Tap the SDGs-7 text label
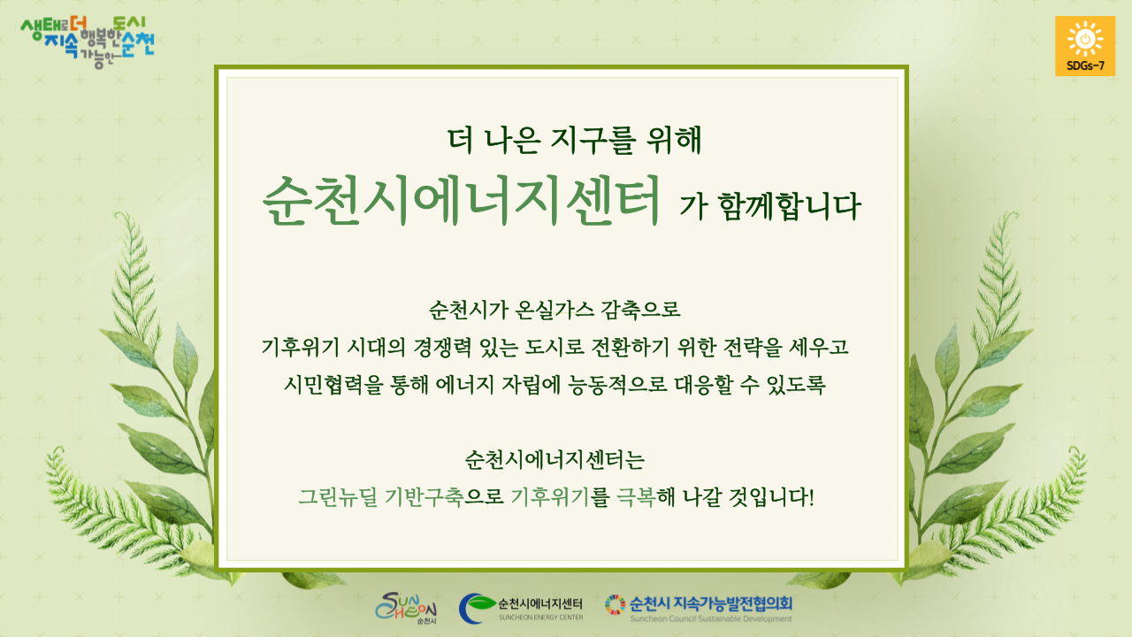(1085, 65)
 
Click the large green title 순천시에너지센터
(462, 201)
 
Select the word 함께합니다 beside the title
(790, 206)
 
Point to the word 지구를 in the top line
(592, 140)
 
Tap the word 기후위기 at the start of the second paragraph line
(300, 347)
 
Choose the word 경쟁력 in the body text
(442, 347)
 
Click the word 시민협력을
(333, 385)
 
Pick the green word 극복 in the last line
(636, 497)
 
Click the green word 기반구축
(424, 497)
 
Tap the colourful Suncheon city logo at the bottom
(406, 608)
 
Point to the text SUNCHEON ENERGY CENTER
(540, 618)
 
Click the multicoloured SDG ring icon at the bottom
(615, 604)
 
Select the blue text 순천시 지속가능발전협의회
(710, 603)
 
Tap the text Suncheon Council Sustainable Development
(710, 618)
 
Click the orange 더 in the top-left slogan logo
(79, 24)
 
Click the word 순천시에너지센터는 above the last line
(555, 459)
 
